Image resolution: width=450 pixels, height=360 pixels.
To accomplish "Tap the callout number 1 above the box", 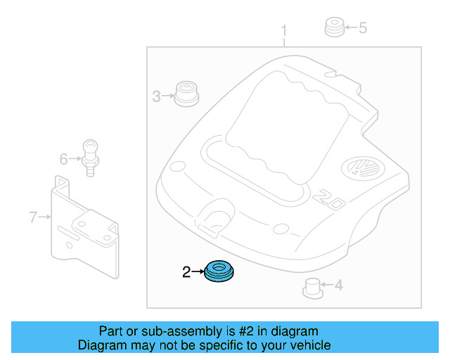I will [x=284, y=31].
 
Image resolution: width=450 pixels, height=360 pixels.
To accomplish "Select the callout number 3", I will [x=157, y=96].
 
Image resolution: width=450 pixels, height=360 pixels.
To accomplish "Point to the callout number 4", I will [x=338, y=285].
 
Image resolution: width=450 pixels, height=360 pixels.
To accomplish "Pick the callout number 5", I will [x=363, y=28].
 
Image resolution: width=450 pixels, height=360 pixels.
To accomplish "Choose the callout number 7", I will [x=33, y=217].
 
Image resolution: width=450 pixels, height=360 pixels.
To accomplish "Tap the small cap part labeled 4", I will [x=312, y=286].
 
